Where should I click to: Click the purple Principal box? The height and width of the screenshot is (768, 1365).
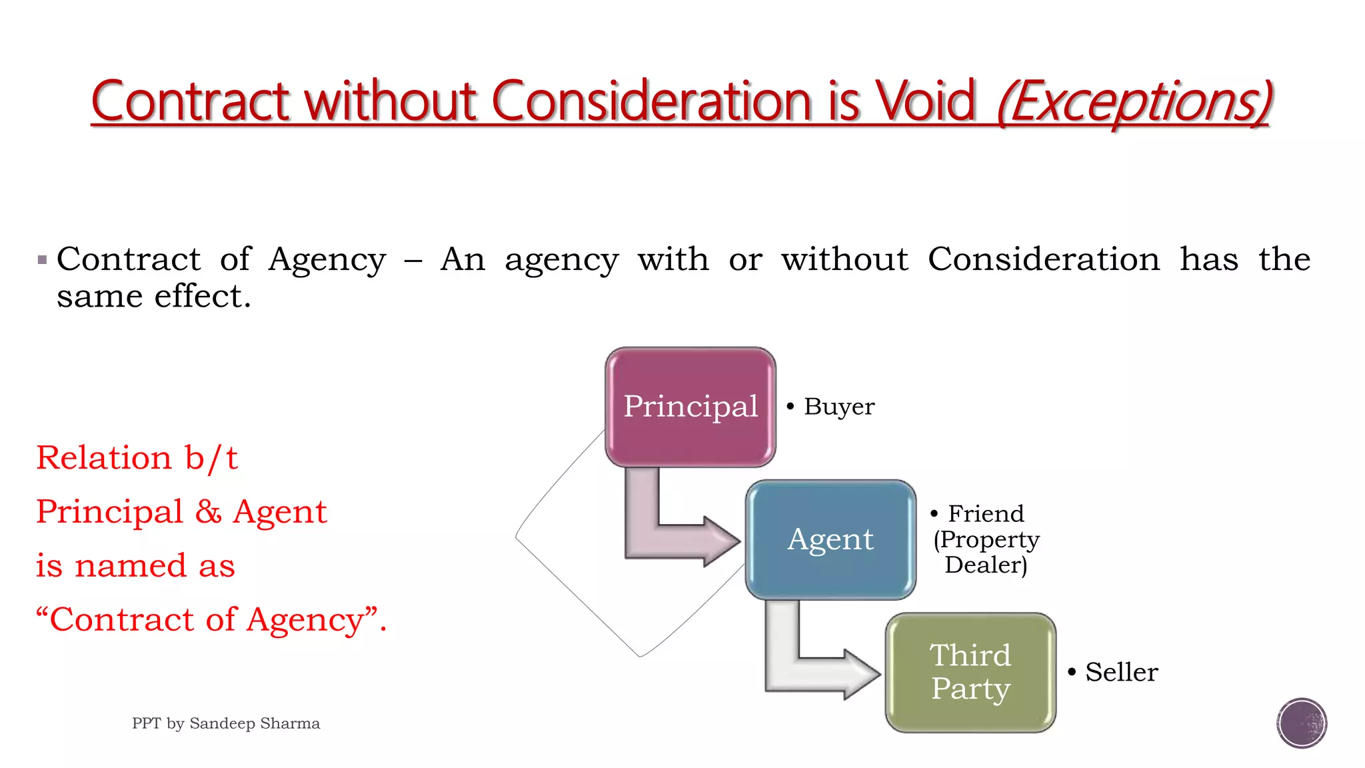click(x=690, y=407)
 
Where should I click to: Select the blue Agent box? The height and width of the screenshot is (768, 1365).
click(x=830, y=539)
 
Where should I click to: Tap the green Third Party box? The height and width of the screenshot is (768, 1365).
click(x=970, y=672)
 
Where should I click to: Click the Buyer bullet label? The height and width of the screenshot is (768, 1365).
click(x=838, y=407)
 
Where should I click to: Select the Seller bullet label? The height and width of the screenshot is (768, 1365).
click(x=1121, y=672)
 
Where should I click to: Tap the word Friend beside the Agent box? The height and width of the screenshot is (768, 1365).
click(x=986, y=513)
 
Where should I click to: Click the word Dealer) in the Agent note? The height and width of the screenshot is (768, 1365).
click(x=986, y=565)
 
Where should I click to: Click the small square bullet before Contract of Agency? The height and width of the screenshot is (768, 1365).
click(x=43, y=259)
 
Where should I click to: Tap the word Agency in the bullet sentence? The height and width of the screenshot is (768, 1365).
click(x=327, y=259)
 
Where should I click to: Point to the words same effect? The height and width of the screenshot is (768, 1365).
click(x=153, y=296)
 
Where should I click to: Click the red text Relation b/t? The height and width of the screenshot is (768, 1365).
click(x=137, y=458)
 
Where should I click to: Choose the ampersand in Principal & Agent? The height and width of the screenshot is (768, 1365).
click(x=209, y=512)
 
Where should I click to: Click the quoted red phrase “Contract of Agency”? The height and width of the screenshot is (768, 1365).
click(x=210, y=620)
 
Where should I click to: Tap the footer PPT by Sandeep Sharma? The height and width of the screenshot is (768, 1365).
click(x=226, y=723)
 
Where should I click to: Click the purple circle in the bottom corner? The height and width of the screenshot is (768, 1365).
click(x=1302, y=723)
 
